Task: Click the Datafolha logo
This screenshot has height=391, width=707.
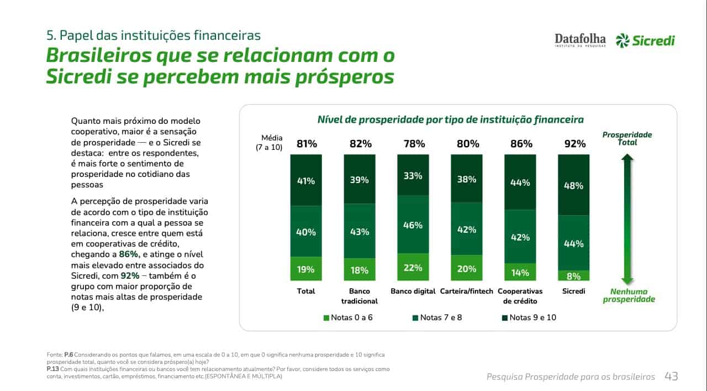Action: click(x=580, y=40)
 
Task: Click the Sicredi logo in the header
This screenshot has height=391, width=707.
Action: click(x=645, y=40)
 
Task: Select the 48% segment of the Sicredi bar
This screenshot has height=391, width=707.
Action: click(x=574, y=185)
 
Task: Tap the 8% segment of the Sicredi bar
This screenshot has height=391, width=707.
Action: click(x=574, y=275)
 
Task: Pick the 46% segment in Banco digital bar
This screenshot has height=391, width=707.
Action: click(x=413, y=225)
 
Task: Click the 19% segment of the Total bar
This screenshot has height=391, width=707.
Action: click(x=306, y=269)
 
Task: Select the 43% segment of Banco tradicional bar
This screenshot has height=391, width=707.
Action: click(x=360, y=232)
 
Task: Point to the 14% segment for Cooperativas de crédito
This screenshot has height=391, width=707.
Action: click(x=520, y=272)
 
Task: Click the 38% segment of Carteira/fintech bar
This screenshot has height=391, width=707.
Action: click(x=467, y=179)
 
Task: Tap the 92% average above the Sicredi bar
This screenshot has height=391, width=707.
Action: click(x=574, y=144)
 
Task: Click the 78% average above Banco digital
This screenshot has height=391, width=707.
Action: click(x=414, y=144)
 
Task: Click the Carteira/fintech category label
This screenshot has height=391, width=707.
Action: click(x=467, y=291)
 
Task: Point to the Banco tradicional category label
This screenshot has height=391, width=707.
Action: click(x=360, y=296)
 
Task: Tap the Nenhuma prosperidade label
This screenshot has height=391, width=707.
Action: click(x=629, y=295)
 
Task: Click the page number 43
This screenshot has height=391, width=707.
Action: click(x=671, y=376)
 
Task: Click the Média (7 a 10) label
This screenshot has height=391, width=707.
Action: click(x=269, y=143)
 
